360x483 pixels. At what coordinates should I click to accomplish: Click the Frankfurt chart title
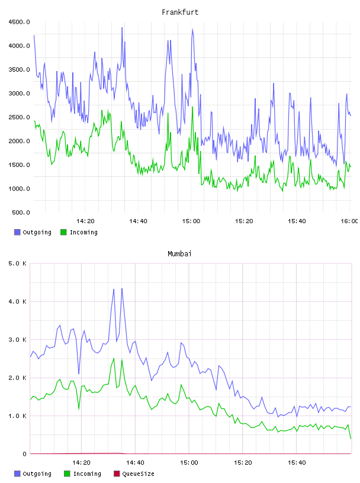point(180,12)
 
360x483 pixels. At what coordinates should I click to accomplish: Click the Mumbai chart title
point(179,253)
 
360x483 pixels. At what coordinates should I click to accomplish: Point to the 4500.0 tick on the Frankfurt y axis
point(19,22)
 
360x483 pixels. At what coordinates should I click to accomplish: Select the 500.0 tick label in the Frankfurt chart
point(21,212)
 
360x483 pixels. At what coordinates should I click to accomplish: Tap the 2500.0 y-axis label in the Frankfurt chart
point(19,117)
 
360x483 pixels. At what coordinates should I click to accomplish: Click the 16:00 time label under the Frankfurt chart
point(349,221)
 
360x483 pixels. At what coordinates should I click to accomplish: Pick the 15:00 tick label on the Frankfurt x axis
point(191,221)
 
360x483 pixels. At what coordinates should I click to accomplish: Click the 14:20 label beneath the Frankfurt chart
point(85,221)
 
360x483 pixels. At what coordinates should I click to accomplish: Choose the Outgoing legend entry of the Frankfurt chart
point(33,232)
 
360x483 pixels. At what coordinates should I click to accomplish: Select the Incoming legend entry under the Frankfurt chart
point(79,232)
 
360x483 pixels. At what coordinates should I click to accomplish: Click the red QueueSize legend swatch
point(117,474)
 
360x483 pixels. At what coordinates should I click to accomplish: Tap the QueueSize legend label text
point(138,474)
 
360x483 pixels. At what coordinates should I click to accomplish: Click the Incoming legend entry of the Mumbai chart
point(83,474)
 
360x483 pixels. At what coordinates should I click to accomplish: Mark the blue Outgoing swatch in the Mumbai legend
point(17,474)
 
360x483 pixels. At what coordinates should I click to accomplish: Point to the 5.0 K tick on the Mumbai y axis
point(17,263)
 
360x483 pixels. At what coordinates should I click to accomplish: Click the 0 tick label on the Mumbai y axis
point(25,454)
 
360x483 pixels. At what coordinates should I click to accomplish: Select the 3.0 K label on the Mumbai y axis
point(17,339)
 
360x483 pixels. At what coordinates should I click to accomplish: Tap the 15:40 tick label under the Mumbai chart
point(297,462)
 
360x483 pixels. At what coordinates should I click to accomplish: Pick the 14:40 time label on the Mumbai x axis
point(135,462)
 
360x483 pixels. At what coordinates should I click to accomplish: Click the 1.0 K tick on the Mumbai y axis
point(17,416)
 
